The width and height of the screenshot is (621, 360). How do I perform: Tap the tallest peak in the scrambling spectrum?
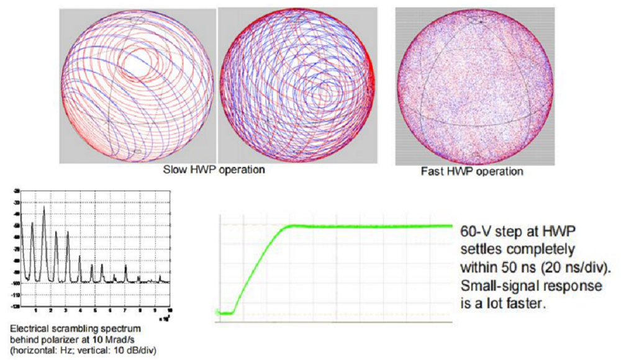pyautogui.click(x=44, y=210)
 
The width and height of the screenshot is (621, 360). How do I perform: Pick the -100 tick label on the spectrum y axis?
pyautogui.click(x=16, y=283)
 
